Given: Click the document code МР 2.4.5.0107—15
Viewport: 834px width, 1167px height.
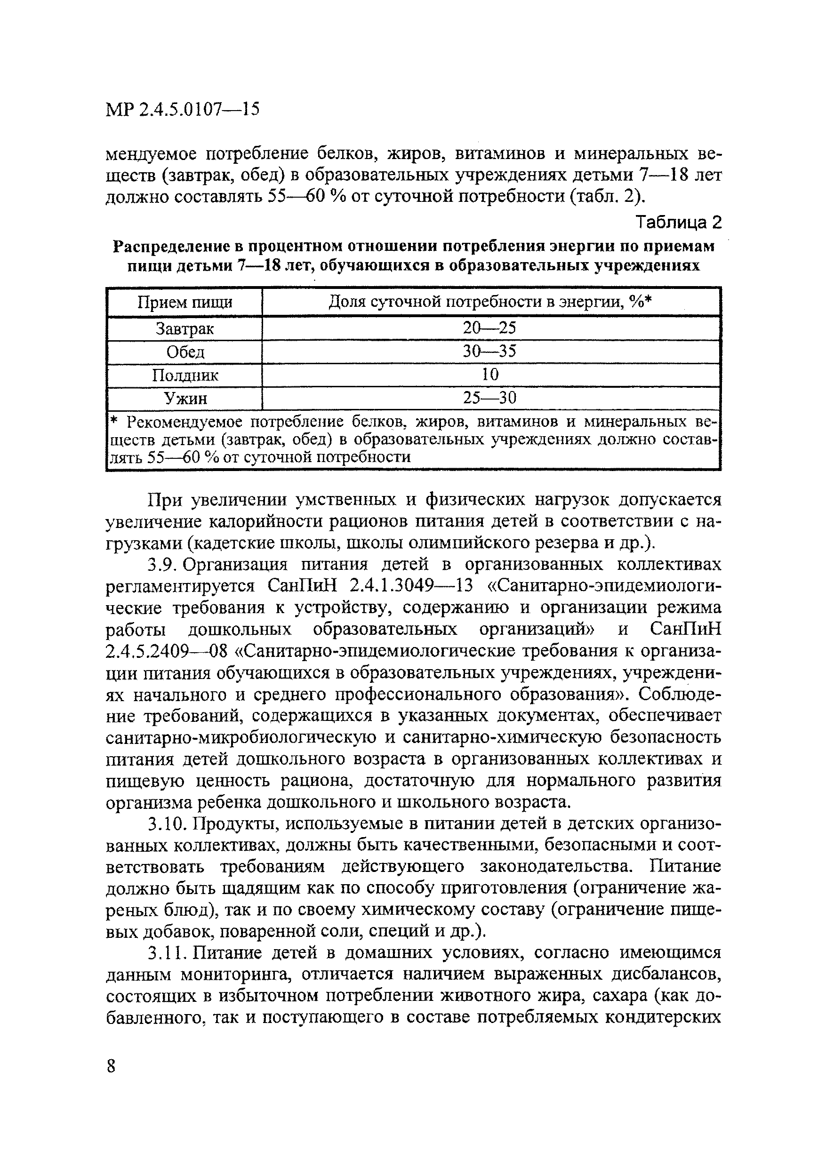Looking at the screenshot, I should pyautogui.click(x=183, y=109).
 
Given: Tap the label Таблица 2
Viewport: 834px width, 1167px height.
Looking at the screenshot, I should pyautogui.click(x=678, y=222).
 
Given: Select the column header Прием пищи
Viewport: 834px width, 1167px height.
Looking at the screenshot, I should pyautogui.click(x=184, y=303).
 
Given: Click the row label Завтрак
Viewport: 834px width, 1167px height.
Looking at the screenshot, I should pyautogui.click(x=184, y=328).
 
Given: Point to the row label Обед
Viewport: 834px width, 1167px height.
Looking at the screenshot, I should pyautogui.click(x=185, y=352).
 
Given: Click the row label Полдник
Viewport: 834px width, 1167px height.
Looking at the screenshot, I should pyautogui.click(x=185, y=376).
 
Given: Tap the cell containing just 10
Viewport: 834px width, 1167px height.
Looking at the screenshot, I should pyautogui.click(x=490, y=374).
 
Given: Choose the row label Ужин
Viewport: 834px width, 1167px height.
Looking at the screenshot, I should pyautogui.click(x=185, y=399).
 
